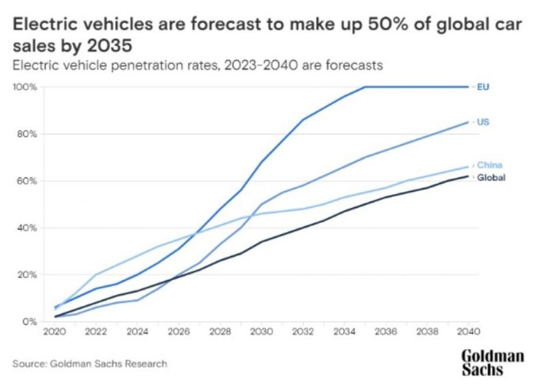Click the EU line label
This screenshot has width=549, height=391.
pos(482,87)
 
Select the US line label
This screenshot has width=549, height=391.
pos(482,122)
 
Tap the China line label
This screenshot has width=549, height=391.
pos(489,165)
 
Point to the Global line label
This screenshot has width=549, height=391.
pos(491,178)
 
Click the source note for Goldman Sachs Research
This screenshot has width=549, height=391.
pos(89,364)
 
